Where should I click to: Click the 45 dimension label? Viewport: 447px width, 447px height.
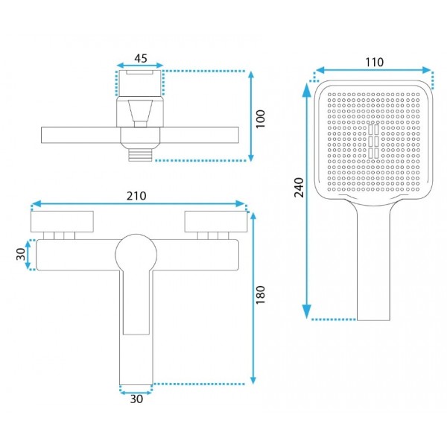coord(141,58)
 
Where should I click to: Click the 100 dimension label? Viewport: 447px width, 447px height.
coord(260,119)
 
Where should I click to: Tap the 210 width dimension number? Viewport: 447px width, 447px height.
coord(136,196)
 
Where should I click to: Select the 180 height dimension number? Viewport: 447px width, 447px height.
coord(260,295)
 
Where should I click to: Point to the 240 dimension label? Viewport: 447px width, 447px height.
coord(299,187)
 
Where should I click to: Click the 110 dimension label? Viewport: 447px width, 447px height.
coord(374,62)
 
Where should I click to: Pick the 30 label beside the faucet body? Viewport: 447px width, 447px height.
coord(21,254)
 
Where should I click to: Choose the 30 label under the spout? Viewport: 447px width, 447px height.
coord(136,399)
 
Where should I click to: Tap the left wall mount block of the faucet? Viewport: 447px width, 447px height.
coord(62,221)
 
